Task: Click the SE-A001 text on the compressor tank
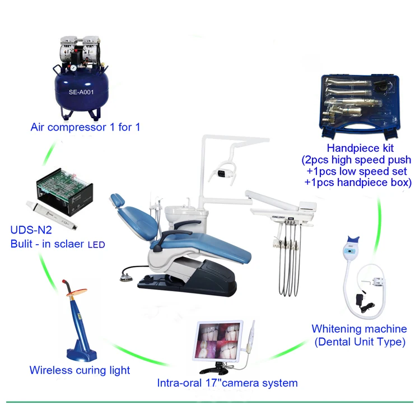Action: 81,92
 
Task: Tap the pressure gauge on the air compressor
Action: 73,68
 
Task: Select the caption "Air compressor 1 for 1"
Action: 86,127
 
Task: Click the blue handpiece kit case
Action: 360,106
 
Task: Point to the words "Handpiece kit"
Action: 360,148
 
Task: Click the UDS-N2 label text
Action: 31,230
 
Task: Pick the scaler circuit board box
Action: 65,192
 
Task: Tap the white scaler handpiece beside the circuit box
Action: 52,215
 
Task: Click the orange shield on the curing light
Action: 77,292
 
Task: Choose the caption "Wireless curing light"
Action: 80,371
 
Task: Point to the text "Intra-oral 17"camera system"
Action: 227,383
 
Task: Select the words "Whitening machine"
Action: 359,329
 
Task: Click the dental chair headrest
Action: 118,200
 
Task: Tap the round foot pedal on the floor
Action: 126,277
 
